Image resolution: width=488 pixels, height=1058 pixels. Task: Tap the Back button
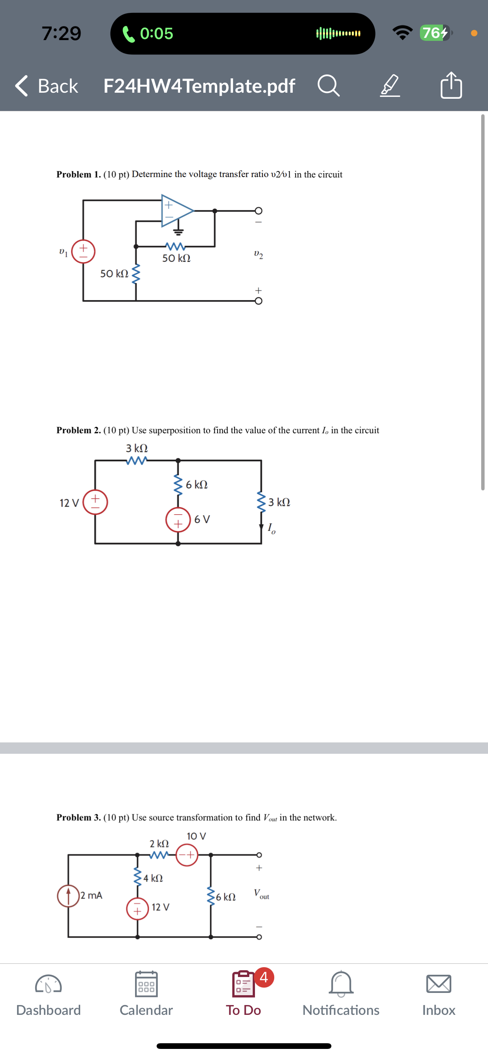coord(47,86)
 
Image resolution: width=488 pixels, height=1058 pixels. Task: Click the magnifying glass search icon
coord(328,86)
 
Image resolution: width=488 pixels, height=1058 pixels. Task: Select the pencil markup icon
coord(389,86)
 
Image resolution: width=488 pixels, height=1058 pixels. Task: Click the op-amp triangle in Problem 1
coord(176,211)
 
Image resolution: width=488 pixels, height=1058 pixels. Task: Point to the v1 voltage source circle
coord(83,251)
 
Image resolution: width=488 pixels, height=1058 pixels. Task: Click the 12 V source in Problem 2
coord(95,502)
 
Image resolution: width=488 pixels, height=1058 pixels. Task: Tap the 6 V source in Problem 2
coord(178,520)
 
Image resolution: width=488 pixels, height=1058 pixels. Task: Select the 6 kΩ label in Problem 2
coord(197,485)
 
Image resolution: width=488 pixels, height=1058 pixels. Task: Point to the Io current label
coord(271,529)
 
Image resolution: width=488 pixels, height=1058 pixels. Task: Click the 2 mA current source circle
coord(68,895)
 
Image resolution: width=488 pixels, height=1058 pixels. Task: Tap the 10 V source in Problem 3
coord(187,855)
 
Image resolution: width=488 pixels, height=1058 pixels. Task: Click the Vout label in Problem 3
coord(261,894)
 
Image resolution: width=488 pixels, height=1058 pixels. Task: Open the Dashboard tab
coord(48,994)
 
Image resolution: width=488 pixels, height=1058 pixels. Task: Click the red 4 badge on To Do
coord(264,977)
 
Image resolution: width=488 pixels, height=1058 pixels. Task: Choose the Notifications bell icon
coord(341,984)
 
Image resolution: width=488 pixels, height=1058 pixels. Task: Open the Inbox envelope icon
coord(439,984)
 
